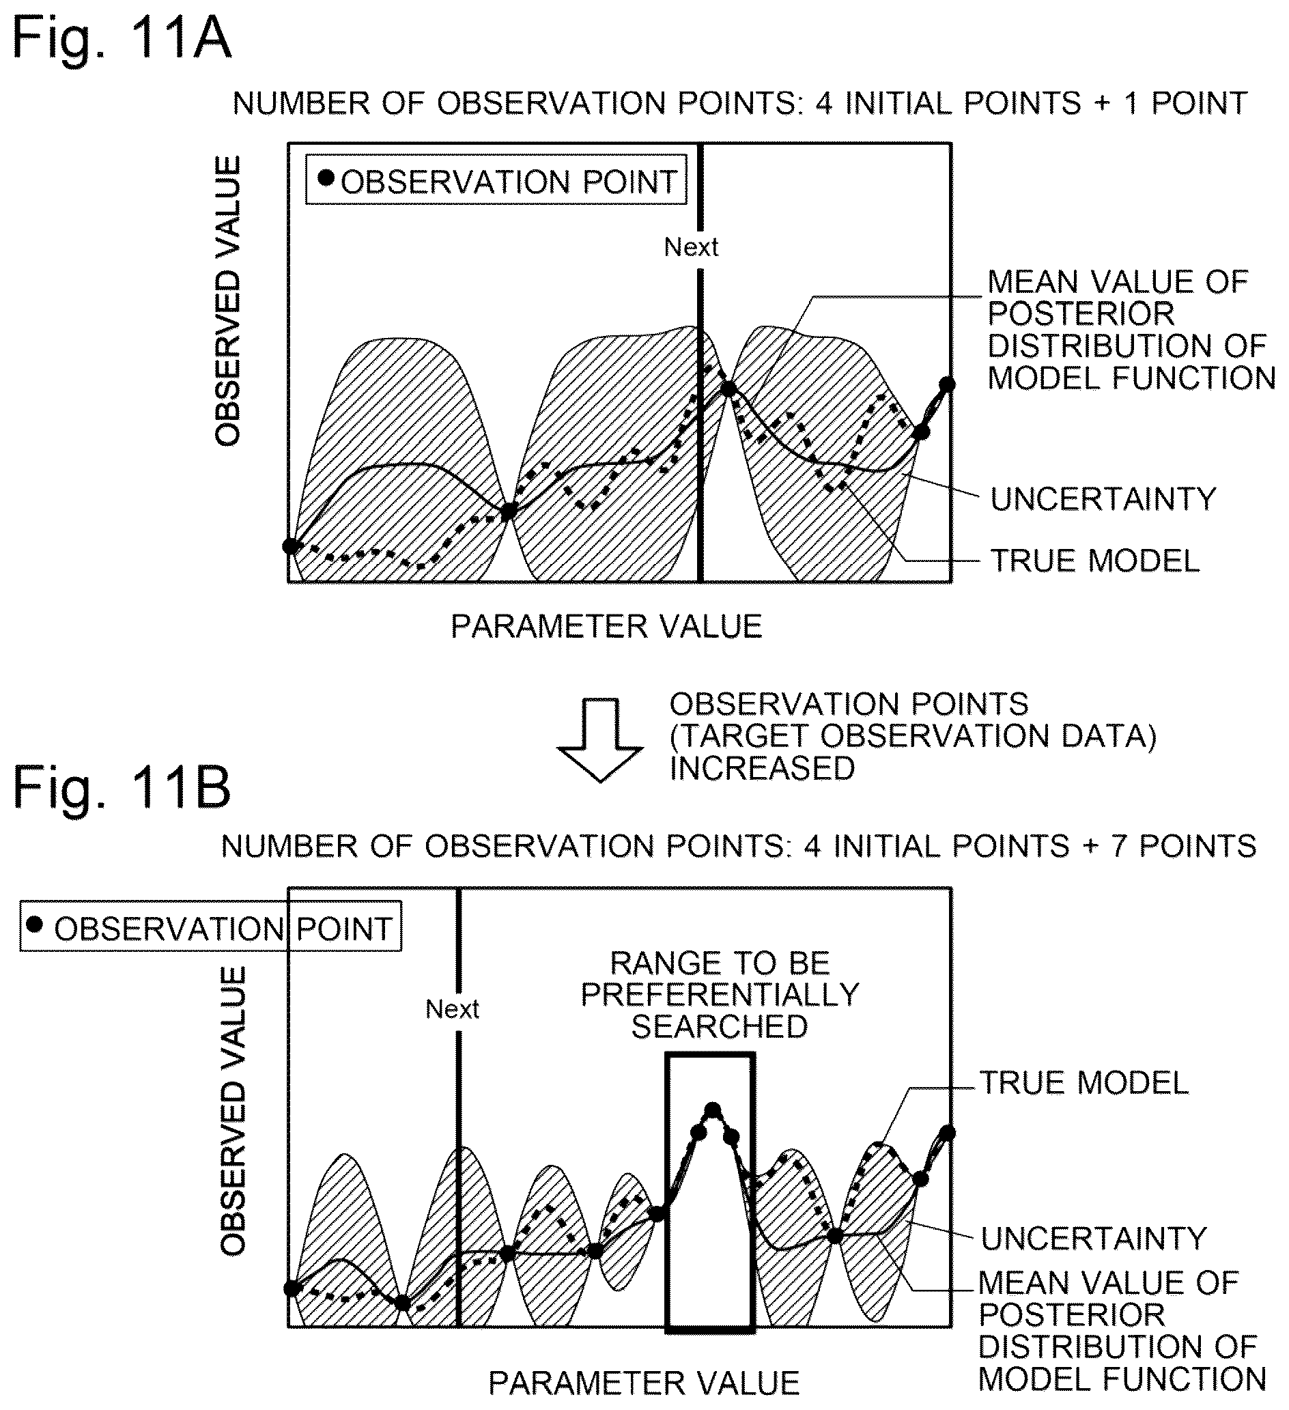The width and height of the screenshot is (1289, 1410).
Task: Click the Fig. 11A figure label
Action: coord(121,38)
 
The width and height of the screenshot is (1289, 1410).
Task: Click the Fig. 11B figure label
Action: coord(121,788)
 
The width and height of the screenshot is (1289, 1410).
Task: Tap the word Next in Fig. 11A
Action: coord(691,247)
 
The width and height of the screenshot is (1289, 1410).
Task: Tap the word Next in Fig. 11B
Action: coord(453,1009)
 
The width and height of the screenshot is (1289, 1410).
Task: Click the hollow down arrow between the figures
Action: coord(600,739)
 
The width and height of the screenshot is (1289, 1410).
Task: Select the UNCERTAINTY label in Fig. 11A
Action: coord(1103,499)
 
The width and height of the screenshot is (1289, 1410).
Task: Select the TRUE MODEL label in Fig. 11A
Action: coord(1095,561)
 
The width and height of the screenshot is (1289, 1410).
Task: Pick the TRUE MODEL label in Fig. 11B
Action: coord(1084,1084)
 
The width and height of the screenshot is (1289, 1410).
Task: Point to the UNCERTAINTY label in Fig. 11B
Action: coord(1094,1239)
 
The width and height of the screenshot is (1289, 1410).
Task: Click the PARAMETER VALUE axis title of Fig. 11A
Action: coord(606,627)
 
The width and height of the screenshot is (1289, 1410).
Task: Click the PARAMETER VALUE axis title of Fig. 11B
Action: coord(644,1383)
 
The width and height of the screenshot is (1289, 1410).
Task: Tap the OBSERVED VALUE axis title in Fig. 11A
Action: coord(228,300)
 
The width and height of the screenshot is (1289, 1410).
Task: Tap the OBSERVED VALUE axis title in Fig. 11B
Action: coord(233,1112)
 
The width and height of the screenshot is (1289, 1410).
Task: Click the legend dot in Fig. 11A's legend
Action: coord(326,178)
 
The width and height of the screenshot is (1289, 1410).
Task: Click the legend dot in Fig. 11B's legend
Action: coord(34,925)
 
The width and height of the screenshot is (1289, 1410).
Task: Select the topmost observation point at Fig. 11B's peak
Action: coord(713,1110)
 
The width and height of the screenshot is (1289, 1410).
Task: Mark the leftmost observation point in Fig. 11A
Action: coord(291,546)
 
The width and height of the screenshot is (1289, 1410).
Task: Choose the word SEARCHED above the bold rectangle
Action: coord(720,1027)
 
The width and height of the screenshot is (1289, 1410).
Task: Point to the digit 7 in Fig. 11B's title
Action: coord(1119,846)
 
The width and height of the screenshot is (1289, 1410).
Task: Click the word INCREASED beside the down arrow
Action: coord(763,769)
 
